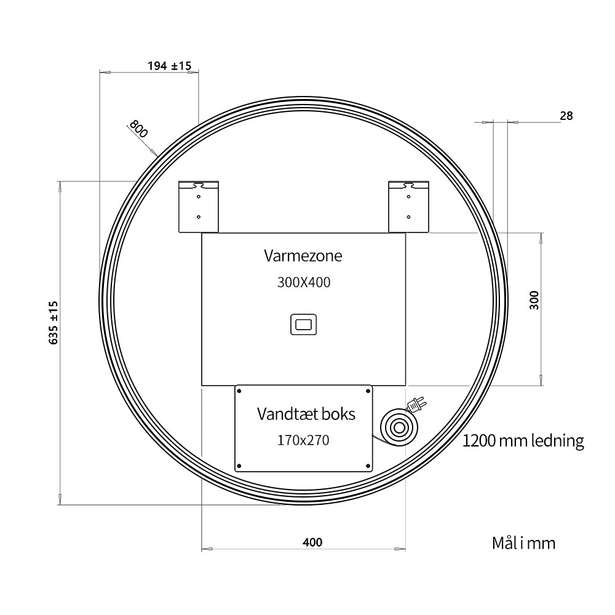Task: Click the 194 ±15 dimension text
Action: [x=170, y=66]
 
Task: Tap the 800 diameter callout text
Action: [x=138, y=129]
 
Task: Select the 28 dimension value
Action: [x=566, y=116]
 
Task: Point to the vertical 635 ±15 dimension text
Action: [x=54, y=323]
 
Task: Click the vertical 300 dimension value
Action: [x=534, y=300]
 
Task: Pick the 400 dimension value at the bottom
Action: [x=312, y=542]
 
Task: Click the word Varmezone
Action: [x=303, y=256]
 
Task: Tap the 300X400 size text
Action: [x=304, y=282]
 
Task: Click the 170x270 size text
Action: [x=303, y=440]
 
